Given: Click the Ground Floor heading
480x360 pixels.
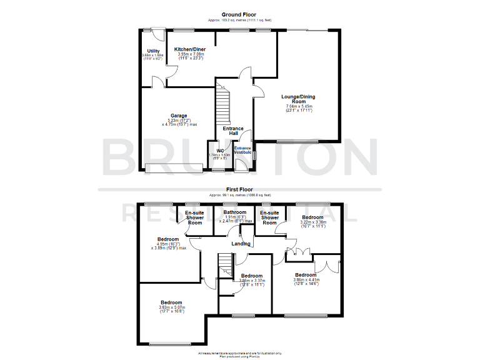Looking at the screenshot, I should [240, 15].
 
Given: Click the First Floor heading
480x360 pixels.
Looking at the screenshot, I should [239, 188].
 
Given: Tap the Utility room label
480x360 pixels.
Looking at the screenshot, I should [153, 51].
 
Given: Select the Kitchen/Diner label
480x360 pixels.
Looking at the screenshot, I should [190, 49].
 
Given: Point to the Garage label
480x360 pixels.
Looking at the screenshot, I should [179, 116].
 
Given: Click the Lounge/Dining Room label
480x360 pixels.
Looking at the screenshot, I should [298, 99].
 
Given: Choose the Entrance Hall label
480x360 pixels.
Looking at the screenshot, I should [234, 131].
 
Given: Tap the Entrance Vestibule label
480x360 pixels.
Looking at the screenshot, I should [242, 150].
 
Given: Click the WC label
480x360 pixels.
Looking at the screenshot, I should [220, 151].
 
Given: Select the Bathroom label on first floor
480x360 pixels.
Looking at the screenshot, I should [235, 212].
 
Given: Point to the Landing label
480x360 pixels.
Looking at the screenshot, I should [241, 244].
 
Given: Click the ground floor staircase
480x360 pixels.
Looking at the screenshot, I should [223, 103].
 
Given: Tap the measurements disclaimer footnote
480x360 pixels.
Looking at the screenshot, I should [240, 354].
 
